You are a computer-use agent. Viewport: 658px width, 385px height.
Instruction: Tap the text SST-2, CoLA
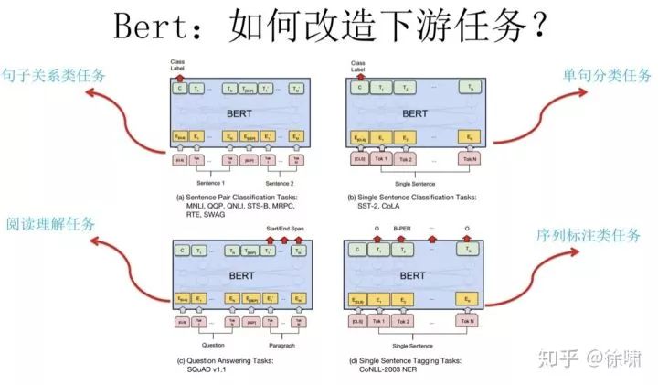click(x=387, y=206)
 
